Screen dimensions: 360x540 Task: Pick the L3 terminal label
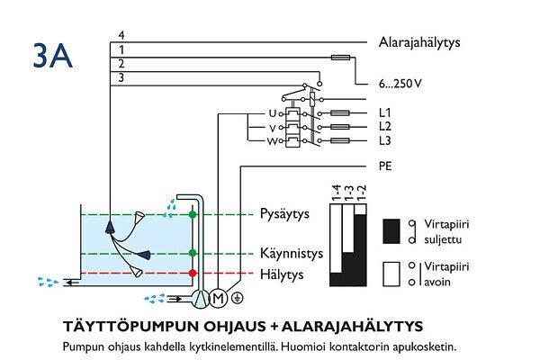(x=385, y=141)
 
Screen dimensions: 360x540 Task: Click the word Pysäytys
(x=292, y=216)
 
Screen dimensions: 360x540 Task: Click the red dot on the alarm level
(x=192, y=273)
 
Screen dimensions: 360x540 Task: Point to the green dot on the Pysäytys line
(x=192, y=216)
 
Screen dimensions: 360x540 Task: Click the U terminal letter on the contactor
(x=273, y=113)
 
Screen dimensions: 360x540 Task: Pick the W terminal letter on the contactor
(x=272, y=141)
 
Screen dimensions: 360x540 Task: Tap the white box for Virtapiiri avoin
(x=392, y=274)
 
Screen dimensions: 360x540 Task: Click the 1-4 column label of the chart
(x=336, y=193)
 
